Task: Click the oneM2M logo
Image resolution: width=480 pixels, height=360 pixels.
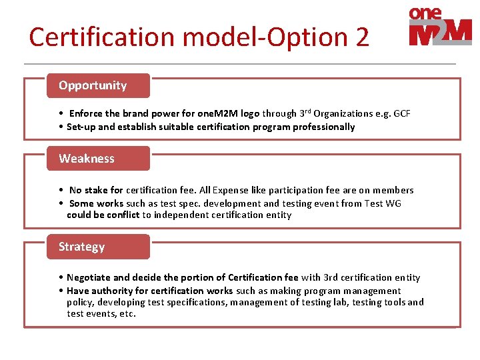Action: pyautogui.click(x=440, y=27)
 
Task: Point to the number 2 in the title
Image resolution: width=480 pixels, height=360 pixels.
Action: pyautogui.click(x=361, y=37)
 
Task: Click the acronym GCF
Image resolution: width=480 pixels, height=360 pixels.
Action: pyautogui.click(x=402, y=113)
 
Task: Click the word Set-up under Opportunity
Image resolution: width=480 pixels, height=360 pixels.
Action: pyautogui.click(x=83, y=127)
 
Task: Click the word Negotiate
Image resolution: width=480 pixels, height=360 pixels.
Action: pyautogui.click(x=89, y=277)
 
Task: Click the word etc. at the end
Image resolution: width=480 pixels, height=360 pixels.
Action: pyautogui.click(x=126, y=313)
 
